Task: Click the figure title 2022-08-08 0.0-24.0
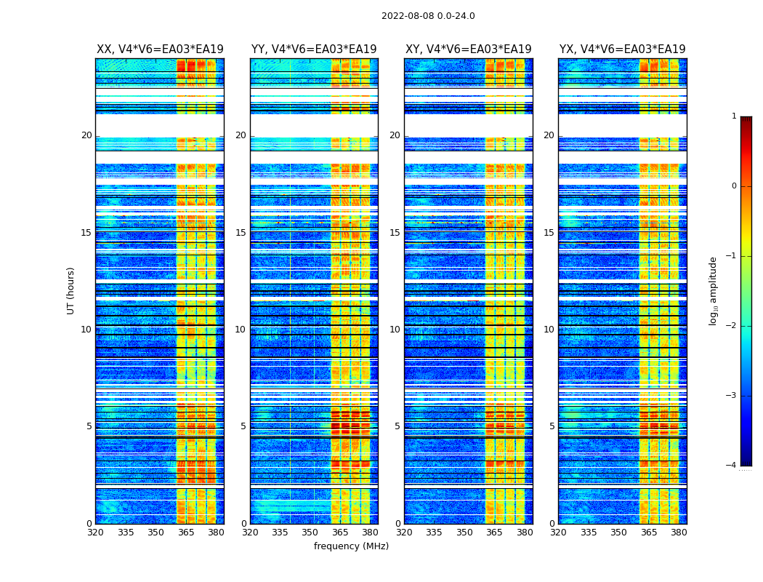(428, 16)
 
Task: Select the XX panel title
(160, 49)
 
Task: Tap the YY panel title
(314, 49)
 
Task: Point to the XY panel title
(468, 49)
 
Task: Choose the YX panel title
(622, 49)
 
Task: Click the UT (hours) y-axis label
(71, 290)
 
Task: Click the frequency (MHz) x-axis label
(351, 546)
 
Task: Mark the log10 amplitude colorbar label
(714, 290)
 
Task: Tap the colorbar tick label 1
(734, 116)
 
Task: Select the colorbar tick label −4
(732, 466)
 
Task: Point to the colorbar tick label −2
(732, 326)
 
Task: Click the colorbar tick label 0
(734, 186)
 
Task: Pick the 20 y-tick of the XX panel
(86, 135)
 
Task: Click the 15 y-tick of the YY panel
(241, 233)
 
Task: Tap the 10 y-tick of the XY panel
(395, 330)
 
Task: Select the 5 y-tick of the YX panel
(552, 426)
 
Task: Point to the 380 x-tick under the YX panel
(679, 533)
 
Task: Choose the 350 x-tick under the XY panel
(464, 533)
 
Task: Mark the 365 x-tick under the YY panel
(340, 533)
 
